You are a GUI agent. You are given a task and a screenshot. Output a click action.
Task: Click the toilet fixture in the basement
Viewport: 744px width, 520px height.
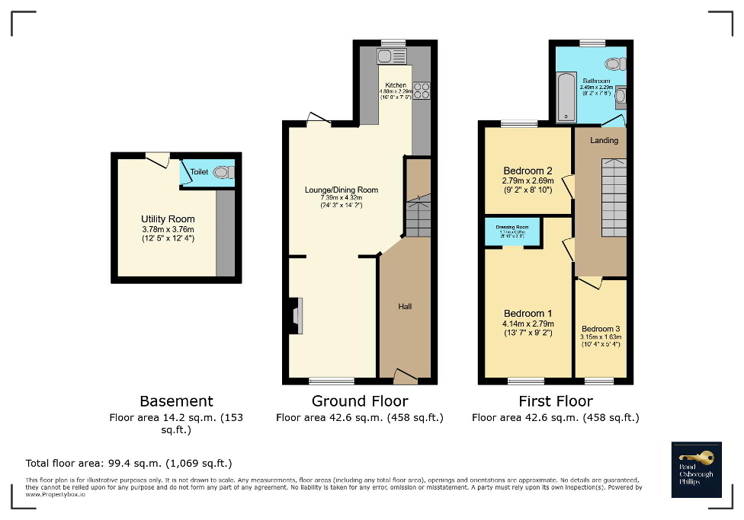click(x=222, y=173)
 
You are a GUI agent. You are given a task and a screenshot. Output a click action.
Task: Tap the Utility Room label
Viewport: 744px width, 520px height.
click(x=168, y=219)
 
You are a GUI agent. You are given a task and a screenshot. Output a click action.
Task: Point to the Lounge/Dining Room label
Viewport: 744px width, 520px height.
click(x=342, y=190)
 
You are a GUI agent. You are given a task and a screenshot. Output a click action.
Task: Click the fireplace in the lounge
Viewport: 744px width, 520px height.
click(x=295, y=316)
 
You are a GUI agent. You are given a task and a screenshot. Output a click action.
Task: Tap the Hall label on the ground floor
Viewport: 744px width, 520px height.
click(x=405, y=306)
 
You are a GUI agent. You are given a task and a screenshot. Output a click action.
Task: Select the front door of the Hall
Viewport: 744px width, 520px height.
click(x=405, y=375)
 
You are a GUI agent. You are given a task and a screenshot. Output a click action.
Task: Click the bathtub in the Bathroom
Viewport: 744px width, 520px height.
click(x=566, y=97)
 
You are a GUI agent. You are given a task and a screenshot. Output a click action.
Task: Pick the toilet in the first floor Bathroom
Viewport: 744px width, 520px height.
click(x=614, y=63)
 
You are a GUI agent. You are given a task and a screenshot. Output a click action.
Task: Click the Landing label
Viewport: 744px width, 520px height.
click(x=604, y=140)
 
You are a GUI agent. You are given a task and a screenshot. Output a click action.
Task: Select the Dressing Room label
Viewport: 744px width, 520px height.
click(x=512, y=227)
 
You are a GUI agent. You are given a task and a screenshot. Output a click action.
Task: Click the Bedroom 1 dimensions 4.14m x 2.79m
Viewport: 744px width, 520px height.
click(x=528, y=324)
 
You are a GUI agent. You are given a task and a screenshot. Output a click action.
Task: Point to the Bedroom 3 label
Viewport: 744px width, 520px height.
click(x=601, y=329)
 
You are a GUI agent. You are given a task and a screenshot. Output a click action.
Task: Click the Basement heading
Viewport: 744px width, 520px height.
click(x=176, y=401)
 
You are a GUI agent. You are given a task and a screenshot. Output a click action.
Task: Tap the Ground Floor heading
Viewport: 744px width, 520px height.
click(x=360, y=401)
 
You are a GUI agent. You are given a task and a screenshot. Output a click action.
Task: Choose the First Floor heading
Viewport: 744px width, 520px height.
click(x=555, y=401)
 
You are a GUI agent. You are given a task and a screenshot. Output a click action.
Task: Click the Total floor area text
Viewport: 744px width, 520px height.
click(x=129, y=463)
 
